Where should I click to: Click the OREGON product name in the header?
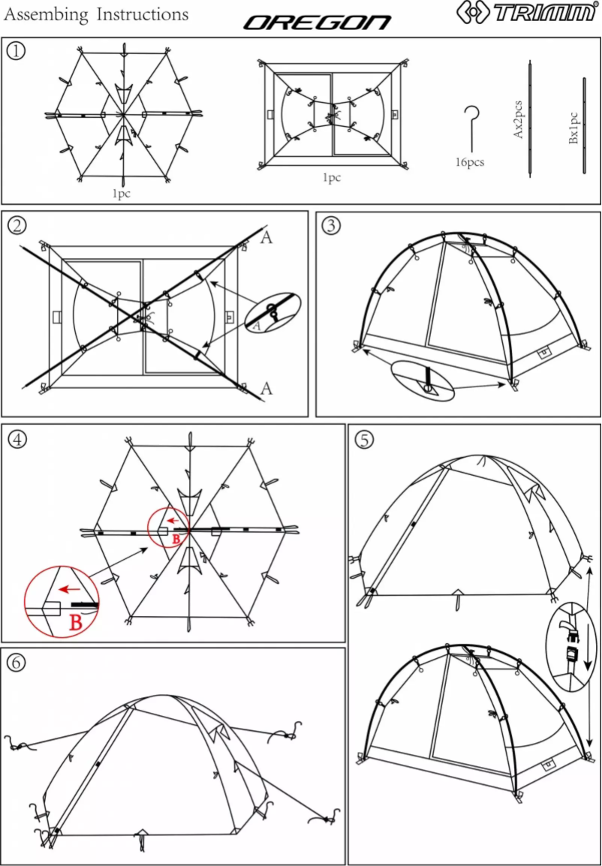tap(317, 23)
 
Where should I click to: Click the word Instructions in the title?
tap(140, 14)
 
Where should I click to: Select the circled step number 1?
tap(17, 50)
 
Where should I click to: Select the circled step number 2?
tap(17, 224)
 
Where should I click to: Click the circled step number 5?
tap(364, 440)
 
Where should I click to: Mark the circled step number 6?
tap(17, 662)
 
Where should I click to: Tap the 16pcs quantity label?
tap(470, 161)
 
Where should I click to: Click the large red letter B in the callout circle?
tap(77, 621)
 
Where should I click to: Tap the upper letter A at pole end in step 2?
tap(266, 239)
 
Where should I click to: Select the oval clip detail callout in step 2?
tap(272, 312)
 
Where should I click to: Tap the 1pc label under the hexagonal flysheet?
tap(122, 193)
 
